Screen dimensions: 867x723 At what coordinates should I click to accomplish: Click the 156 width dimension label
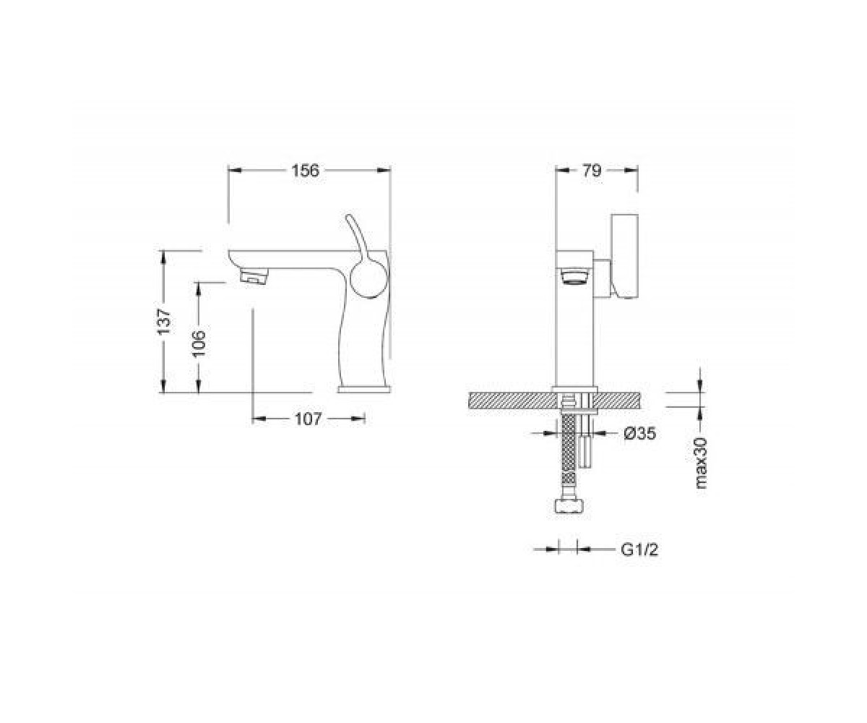click(305, 171)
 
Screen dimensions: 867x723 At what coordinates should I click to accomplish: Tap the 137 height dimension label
click(164, 321)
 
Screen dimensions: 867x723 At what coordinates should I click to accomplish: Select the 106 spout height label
click(199, 343)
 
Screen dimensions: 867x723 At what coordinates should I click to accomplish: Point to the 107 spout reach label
click(308, 419)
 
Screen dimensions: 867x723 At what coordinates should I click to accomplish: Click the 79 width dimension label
click(591, 171)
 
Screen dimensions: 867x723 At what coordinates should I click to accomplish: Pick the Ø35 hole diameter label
click(639, 433)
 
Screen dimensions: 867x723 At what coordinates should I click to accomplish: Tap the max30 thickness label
click(700, 463)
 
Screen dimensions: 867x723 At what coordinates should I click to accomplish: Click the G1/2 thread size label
click(639, 549)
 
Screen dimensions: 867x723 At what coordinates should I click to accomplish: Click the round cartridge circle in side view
click(366, 281)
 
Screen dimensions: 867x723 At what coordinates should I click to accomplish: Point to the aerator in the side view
click(254, 276)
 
